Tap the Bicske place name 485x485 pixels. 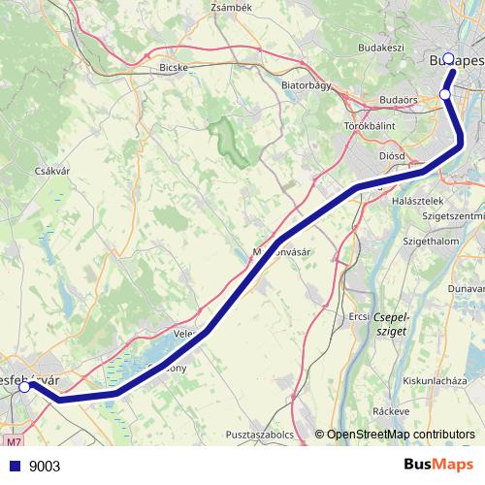click(x=175, y=69)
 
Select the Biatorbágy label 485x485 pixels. click(x=307, y=84)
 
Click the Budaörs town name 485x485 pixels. click(x=399, y=100)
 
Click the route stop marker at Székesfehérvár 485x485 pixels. click(x=24, y=386)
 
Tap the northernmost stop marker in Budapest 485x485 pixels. click(x=447, y=58)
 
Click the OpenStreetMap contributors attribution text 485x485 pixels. click(x=399, y=435)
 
